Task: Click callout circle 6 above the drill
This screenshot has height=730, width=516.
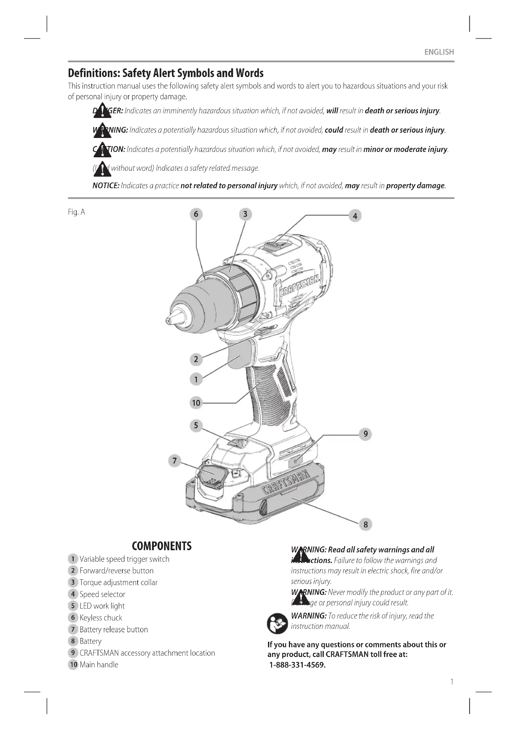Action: coord(196,214)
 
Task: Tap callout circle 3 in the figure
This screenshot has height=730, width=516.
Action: coord(245,214)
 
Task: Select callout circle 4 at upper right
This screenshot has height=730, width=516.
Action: coord(355,216)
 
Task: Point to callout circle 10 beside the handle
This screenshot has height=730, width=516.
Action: coord(196,403)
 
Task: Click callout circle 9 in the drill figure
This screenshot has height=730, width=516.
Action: coord(365,434)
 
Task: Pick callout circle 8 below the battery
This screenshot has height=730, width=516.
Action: coord(365,524)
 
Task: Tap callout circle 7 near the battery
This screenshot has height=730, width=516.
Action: coord(174,460)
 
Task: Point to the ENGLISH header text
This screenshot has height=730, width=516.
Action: coord(439,52)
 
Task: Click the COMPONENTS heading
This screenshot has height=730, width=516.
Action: coord(162,546)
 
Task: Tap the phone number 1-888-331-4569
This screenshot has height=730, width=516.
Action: coord(297,665)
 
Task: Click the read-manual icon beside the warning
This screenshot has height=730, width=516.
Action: coord(277,624)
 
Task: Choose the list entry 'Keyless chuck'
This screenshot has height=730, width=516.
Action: coord(101,618)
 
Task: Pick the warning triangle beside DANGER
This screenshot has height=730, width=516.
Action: coord(102,110)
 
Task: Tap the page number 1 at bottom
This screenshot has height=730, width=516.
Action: coord(452,681)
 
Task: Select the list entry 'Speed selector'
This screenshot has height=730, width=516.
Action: coord(102,594)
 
